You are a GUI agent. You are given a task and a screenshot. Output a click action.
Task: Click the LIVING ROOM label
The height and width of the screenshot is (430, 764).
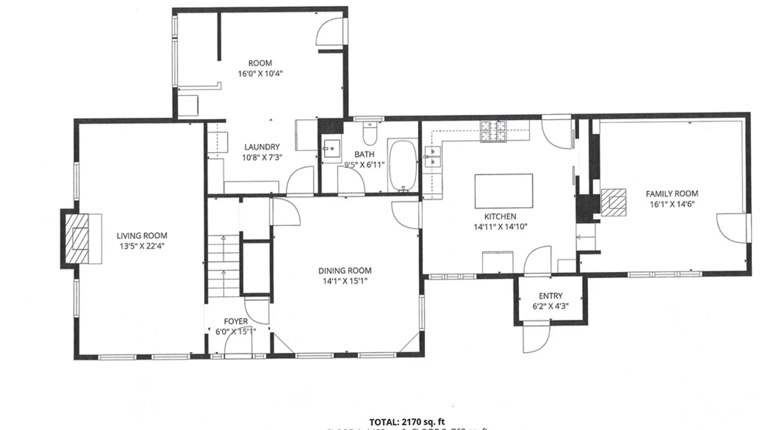click(x=142, y=236)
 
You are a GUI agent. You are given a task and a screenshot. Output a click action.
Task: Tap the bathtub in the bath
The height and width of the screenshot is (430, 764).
click(x=403, y=165)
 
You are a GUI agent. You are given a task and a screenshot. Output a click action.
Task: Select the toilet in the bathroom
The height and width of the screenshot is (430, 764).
click(x=370, y=133)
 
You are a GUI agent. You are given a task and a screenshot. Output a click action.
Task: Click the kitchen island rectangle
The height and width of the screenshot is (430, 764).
click(x=503, y=191)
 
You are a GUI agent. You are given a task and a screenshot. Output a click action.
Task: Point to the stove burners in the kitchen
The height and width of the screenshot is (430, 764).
click(x=493, y=131)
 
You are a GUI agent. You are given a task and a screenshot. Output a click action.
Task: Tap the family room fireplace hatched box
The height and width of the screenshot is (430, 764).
click(x=613, y=202)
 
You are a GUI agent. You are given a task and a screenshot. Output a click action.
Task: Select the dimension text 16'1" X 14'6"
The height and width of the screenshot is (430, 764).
click(x=672, y=204)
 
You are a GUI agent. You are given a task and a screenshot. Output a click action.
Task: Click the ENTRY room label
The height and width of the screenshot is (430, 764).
click(x=550, y=296)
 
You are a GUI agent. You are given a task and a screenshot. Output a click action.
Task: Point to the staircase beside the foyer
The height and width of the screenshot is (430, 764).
click(x=223, y=265)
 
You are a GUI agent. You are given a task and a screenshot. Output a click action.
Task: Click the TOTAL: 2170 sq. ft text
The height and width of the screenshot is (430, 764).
click(x=407, y=422)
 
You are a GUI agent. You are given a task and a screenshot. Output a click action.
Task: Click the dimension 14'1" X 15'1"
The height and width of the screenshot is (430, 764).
click(x=345, y=281)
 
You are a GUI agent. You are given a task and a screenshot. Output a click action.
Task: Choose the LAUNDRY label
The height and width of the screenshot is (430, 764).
click(x=262, y=147)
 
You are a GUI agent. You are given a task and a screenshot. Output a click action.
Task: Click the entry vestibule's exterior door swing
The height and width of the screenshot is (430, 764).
click(x=535, y=338)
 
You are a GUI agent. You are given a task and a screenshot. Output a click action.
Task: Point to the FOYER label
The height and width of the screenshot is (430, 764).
click(x=236, y=321)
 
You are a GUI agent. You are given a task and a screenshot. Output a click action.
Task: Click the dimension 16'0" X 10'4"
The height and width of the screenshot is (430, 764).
click(x=260, y=74)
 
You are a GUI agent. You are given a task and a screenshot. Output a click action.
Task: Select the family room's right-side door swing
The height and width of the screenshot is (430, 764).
click(x=731, y=228)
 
